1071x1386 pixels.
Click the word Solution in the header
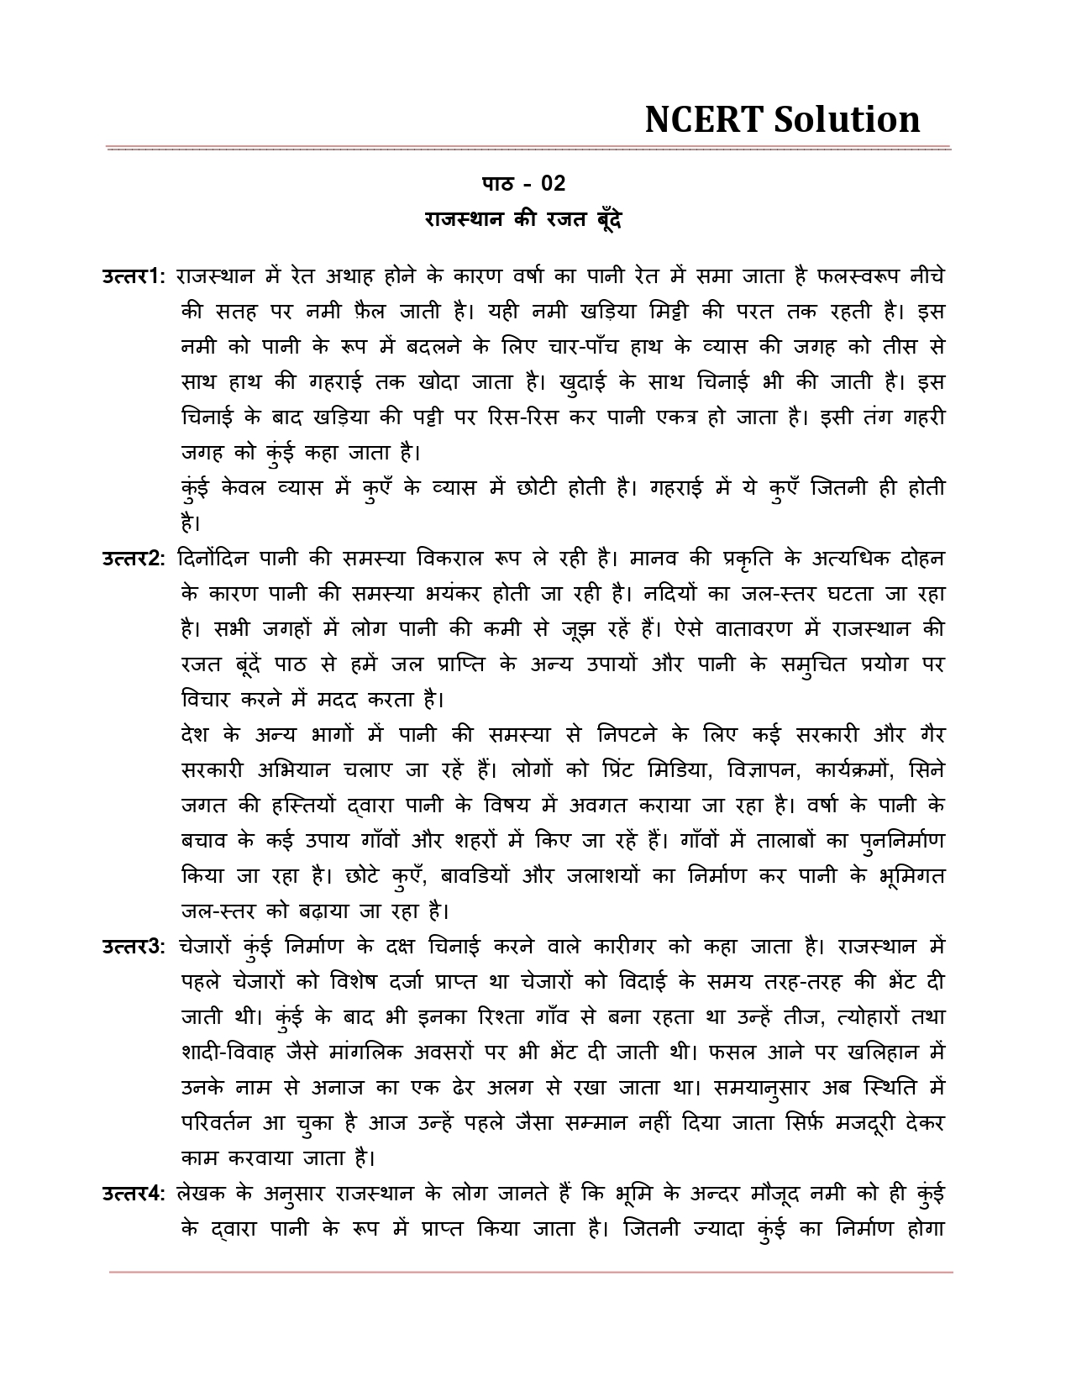coord(846,120)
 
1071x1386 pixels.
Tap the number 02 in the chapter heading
coord(553,183)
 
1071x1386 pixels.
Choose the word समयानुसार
coord(766,1088)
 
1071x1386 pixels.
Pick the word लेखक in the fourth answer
coord(203,1194)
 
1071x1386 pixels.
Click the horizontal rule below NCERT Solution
coord(529,149)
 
